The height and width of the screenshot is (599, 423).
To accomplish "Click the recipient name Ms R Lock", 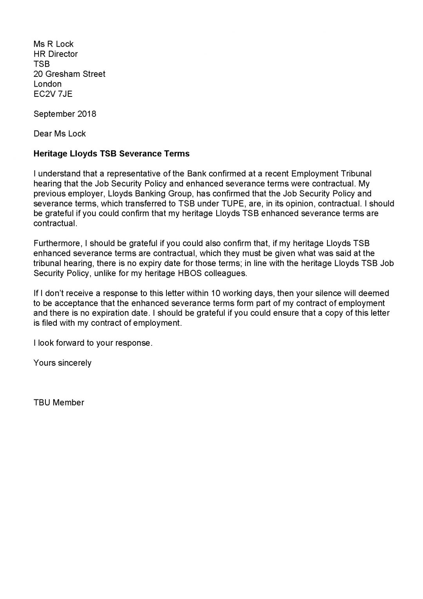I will click(53, 44).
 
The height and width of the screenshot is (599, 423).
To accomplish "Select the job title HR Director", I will click(56, 54).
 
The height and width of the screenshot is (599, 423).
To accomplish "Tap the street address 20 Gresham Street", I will click(69, 74).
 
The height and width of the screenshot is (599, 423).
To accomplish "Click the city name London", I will click(47, 84).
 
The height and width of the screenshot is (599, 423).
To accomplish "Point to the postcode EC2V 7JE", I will click(53, 94).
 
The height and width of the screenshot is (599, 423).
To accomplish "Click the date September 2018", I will click(65, 114).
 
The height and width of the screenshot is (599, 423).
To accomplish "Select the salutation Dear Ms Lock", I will click(60, 134).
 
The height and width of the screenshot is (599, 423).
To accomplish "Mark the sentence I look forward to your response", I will click(93, 343).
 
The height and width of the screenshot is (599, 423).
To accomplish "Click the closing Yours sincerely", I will click(62, 363).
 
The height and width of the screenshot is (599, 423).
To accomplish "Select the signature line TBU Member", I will click(59, 403).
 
